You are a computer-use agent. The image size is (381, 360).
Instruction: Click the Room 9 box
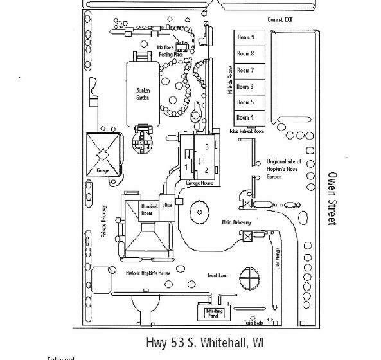[245, 37]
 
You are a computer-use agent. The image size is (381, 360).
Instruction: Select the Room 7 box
[245, 70]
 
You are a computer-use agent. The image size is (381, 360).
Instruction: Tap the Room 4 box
[245, 117]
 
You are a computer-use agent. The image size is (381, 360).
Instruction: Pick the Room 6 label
[245, 86]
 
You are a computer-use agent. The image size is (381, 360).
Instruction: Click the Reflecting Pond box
[213, 313]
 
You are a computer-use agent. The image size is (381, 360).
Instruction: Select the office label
[168, 205]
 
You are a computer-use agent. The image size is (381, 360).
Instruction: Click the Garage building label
[101, 170]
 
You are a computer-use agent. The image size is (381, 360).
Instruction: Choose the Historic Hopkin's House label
[146, 274]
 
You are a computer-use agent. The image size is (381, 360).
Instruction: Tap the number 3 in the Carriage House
[206, 147]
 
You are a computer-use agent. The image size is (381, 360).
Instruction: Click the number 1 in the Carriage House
[186, 167]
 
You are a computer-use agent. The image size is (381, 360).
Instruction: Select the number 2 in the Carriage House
[206, 170]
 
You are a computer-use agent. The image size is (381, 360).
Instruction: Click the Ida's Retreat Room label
[247, 130]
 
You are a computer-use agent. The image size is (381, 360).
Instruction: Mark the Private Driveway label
[103, 221]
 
